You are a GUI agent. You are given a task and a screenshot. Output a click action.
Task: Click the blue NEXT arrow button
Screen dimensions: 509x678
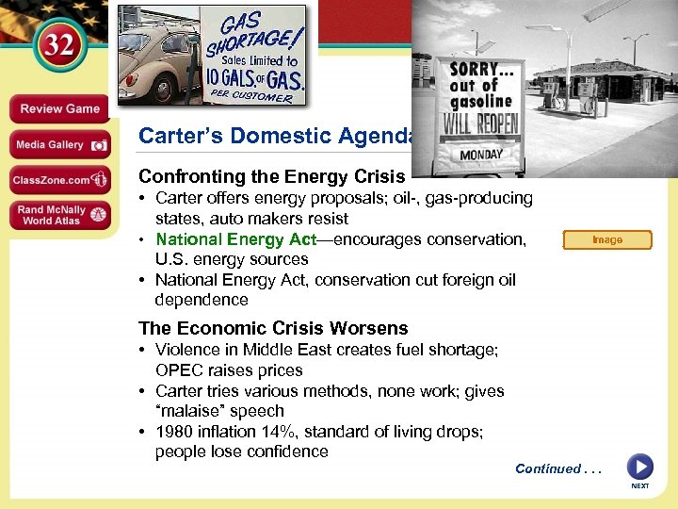pos(639,468)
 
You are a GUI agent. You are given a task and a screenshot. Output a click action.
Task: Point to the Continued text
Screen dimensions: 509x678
pos(556,468)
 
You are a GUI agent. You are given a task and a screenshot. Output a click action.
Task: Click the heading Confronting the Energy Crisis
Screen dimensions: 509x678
pos(271,176)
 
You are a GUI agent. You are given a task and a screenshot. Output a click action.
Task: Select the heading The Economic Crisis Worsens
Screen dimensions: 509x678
pos(273,328)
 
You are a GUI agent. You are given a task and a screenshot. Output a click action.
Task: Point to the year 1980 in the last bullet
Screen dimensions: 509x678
pos(174,432)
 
